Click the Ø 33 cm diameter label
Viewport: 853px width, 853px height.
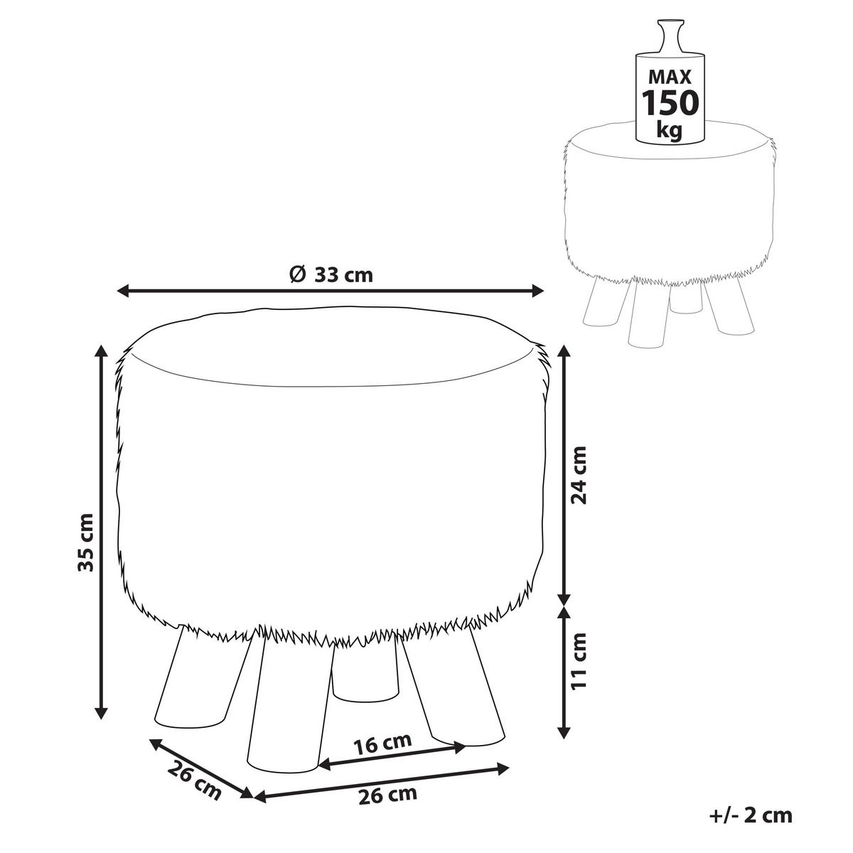(331, 275)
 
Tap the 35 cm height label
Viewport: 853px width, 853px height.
(85, 542)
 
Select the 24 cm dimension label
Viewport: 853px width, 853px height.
(579, 475)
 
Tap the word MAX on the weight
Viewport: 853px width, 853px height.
(670, 77)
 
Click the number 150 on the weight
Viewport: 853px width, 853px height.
(670, 102)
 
